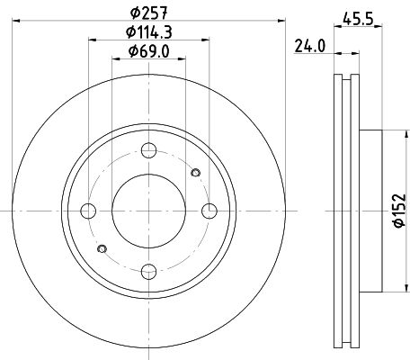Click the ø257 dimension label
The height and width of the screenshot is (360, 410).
[x=149, y=12]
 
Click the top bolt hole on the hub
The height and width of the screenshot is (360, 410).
[x=149, y=150]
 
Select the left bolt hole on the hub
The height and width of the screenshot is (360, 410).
[x=88, y=211]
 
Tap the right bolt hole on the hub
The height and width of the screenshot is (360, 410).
[x=210, y=211]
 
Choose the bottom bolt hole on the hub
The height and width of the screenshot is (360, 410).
[x=149, y=271]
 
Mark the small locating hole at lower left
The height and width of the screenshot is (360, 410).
[x=102, y=248]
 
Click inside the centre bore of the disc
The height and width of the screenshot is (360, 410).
[x=149, y=211]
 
